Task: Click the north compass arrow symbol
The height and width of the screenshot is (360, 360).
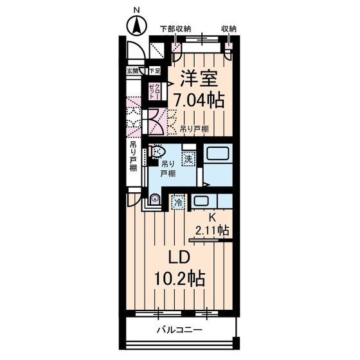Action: [136, 26]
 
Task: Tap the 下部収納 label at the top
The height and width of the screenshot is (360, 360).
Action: [175, 29]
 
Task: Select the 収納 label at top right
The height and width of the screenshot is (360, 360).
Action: [229, 29]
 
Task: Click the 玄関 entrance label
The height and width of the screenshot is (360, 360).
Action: [132, 71]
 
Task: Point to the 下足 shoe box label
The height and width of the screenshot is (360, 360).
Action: [154, 71]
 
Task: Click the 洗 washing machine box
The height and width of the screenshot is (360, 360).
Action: [188, 158]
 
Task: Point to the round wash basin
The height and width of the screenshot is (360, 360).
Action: [155, 201]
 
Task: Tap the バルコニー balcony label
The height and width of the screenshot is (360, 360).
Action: [179, 330]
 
